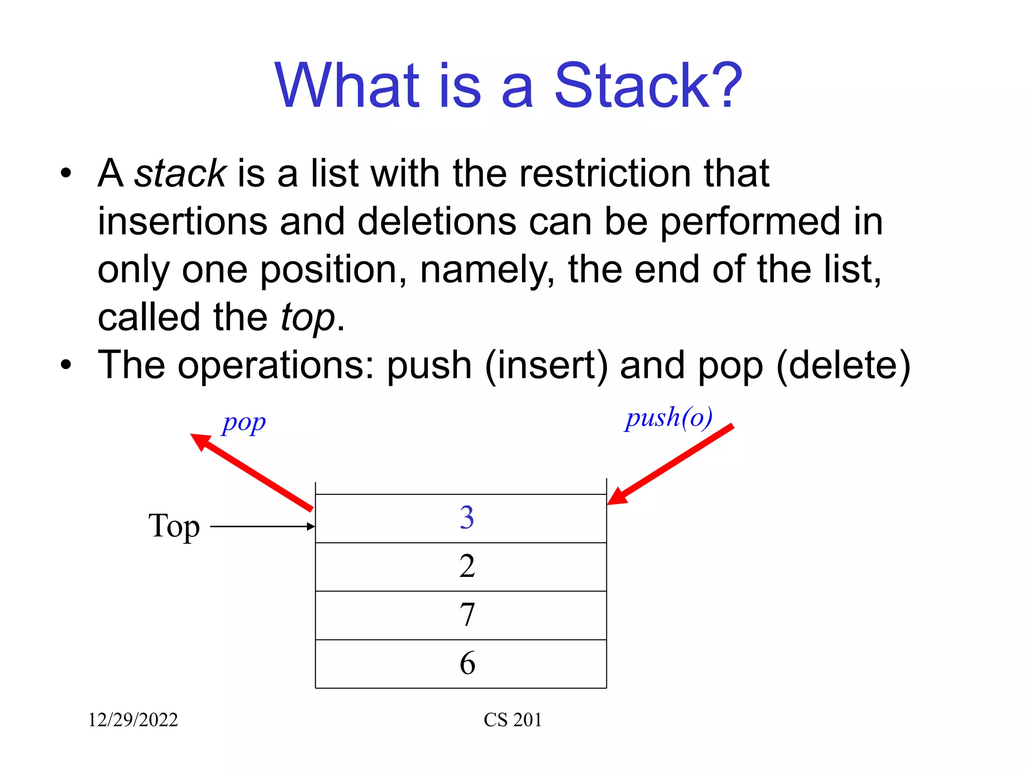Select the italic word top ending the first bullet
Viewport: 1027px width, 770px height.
[x=307, y=318]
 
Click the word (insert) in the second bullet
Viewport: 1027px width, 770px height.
[x=546, y=365]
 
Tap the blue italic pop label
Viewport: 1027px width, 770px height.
[x=244, y=424]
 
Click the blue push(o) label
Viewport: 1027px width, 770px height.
[x=669, y=418]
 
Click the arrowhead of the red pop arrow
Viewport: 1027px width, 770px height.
[x=201, y=441]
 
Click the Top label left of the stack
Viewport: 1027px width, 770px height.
[x=174, y=526]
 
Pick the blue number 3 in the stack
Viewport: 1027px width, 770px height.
[x=466, y=518]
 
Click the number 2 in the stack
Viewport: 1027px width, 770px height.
[x=466, y=566]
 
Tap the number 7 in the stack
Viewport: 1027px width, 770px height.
[x=466, y=615]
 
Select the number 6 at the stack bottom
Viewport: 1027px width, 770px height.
[x=466, y=663]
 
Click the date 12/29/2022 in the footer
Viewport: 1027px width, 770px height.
[x=133, y=720]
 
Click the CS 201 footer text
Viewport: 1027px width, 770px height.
[x=512, y=720]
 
